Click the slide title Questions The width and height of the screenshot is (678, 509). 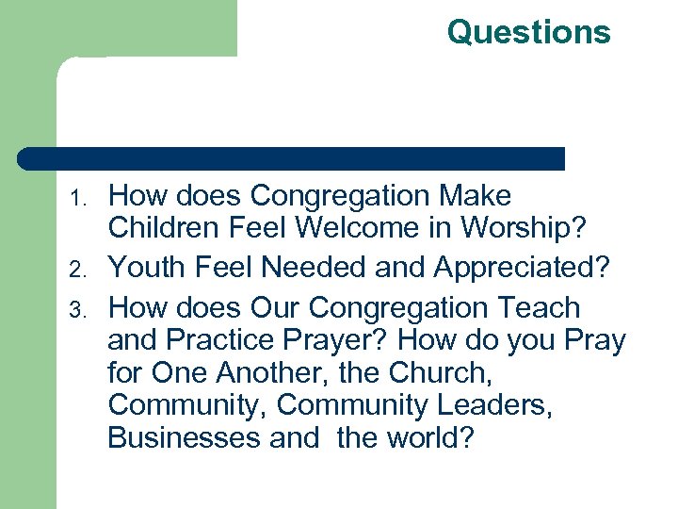(528, 32)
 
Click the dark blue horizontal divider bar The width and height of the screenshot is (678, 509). (292, 158)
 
